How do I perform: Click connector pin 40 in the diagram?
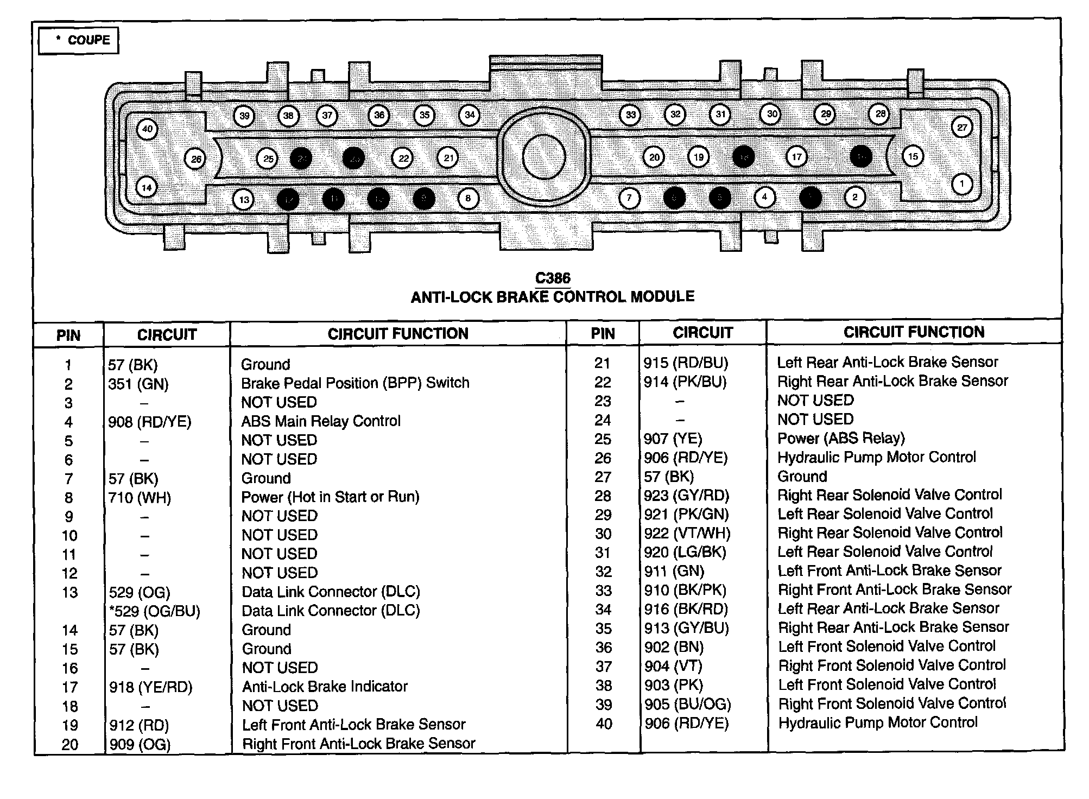(147, 129)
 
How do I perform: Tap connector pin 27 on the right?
(962, 128)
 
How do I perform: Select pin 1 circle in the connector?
(962, 183)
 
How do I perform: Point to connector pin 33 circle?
(630, 115)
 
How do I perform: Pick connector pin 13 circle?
(244, 199)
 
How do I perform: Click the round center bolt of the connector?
(543, 157)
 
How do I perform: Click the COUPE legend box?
(79, 40)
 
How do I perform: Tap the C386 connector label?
(553, 278)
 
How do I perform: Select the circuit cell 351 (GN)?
(138, 384)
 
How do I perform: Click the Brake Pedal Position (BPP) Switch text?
(355, 383)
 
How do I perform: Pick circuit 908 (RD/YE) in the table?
(149, 422)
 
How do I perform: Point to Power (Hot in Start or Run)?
(330, 497)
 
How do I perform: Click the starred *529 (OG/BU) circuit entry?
(154, 611)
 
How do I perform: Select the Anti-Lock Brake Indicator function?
(325, 687)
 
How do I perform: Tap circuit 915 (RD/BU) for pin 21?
(686, 363)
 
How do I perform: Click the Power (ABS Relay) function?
(841, 438)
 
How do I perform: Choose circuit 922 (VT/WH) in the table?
(687, 534)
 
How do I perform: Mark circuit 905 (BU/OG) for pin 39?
(687, 704)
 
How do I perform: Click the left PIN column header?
(68, 335)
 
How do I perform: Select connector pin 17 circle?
(796, 157)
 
